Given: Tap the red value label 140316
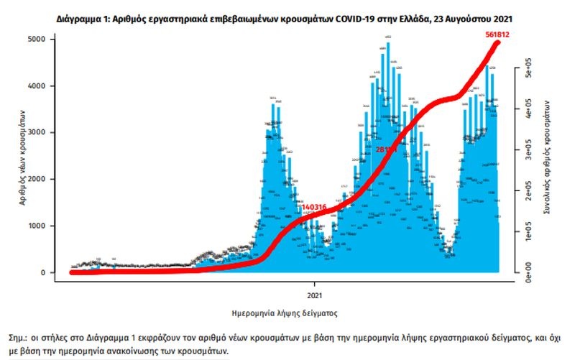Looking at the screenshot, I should (315, 208).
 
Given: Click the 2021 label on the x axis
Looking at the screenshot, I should (314, 295).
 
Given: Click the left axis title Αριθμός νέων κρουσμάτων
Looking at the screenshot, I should (23, 155).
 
